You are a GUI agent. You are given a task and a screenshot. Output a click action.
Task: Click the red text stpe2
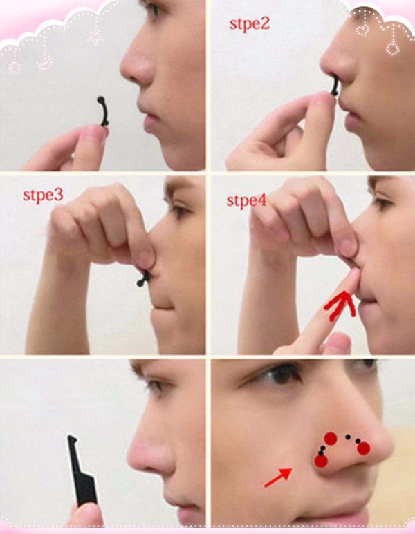[x=249, y=24]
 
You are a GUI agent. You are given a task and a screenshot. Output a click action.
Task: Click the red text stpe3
[x=43, y=195]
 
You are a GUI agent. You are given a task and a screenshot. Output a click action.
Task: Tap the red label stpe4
[x=246, y=200]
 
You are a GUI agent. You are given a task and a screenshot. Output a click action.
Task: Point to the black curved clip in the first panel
[x=102, y=111]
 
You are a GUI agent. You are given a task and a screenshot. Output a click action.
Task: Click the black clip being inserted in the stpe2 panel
[x=335, y=86]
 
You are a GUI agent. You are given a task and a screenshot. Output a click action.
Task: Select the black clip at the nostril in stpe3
[x=143, y=278]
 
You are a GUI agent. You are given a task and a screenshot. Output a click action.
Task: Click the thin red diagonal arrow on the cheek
[x=278, y=477]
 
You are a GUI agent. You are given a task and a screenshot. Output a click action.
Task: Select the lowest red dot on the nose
[x=321, y=461]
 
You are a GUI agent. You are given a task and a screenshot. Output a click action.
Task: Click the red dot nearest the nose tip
[x=364, y=448]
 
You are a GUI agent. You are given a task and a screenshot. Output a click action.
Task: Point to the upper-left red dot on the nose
[x=331, y=438]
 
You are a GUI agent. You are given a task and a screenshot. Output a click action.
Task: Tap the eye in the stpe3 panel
[x=179, y=210]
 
